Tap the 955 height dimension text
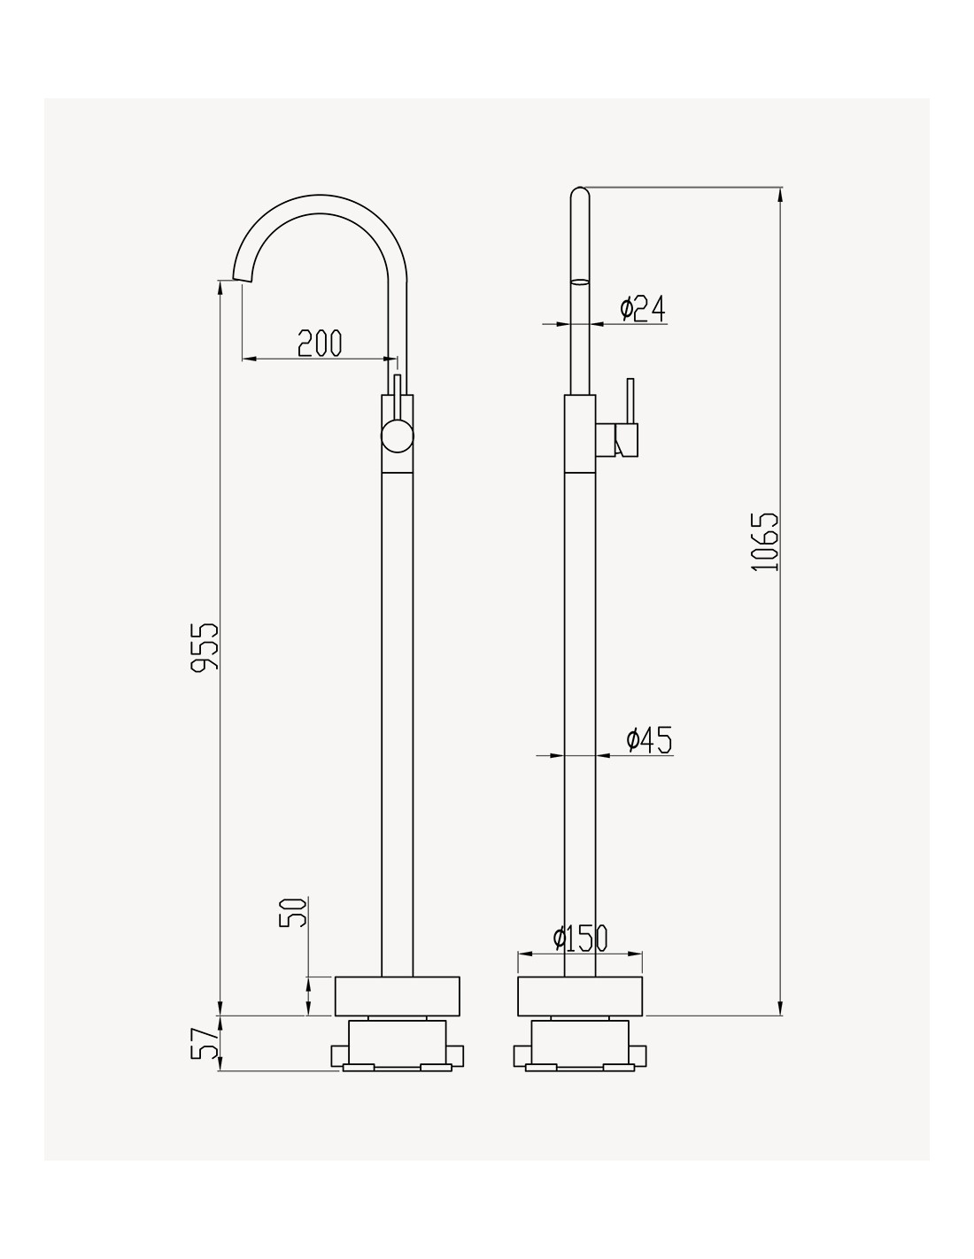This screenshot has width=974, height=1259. [205, 647]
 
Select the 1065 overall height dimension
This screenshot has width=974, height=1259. [764, 542]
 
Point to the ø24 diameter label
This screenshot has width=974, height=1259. [642, 308]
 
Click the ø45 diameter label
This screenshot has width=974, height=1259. [649, 740]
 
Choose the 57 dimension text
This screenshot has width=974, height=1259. [205, 1043]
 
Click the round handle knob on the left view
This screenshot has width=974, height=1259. [397, 436]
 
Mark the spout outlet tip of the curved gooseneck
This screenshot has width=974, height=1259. [243, 280]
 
